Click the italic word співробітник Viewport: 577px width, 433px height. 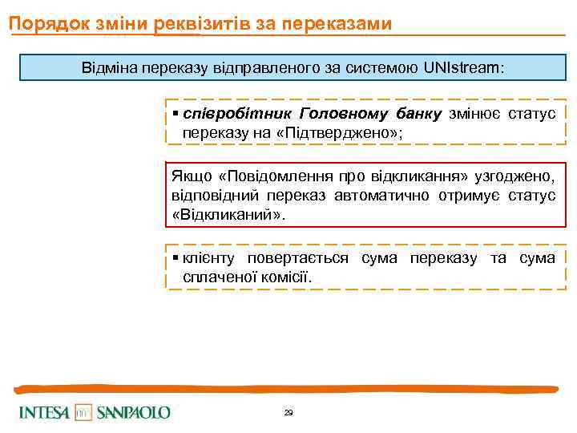(x=231, y=114)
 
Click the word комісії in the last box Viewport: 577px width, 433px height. (x=285, y=277)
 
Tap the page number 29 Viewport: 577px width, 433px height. (x=288, y=412)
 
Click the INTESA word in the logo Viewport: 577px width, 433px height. (x=45, y=412)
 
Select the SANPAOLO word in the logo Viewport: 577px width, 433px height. (x=133, y=412)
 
